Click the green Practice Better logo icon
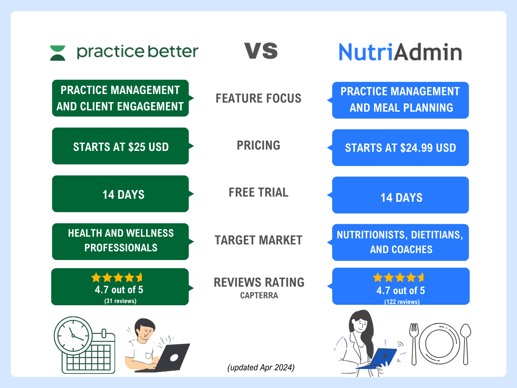[58, 53]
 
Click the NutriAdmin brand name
[400, 52]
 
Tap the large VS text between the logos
[261, 51]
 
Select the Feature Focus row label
[258, 98]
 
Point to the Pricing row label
[258, 146]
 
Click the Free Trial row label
[258, 192]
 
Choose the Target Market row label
[258, 240]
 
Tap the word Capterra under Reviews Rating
[258, 295]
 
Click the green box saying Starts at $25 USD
[121, 146]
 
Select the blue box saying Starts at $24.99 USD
[400, 148]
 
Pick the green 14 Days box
[121, 194]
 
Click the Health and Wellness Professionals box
[121, 241]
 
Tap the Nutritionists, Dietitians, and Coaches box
[400, 242]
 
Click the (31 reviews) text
[120, 301]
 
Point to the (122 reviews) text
[402, 302]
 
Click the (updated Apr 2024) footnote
[261, 368]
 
